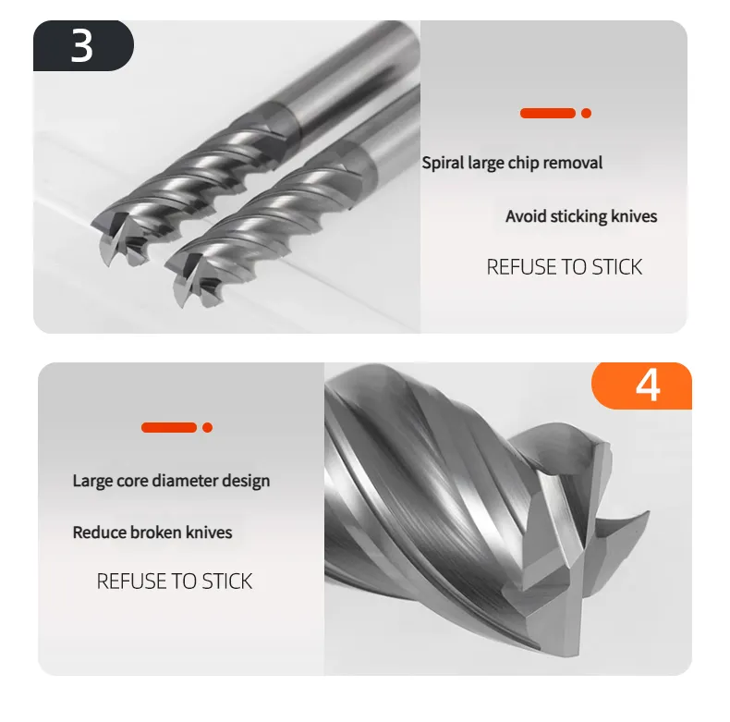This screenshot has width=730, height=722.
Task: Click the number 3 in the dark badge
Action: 82,45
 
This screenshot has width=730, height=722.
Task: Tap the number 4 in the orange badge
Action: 648,385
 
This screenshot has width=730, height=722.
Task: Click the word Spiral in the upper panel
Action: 443,163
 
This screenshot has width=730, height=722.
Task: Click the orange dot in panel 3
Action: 586,113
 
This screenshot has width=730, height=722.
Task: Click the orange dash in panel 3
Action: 548,113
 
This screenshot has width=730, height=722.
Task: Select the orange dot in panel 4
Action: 208,428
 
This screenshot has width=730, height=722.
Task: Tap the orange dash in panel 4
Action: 169,428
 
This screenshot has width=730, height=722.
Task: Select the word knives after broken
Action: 209,532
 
